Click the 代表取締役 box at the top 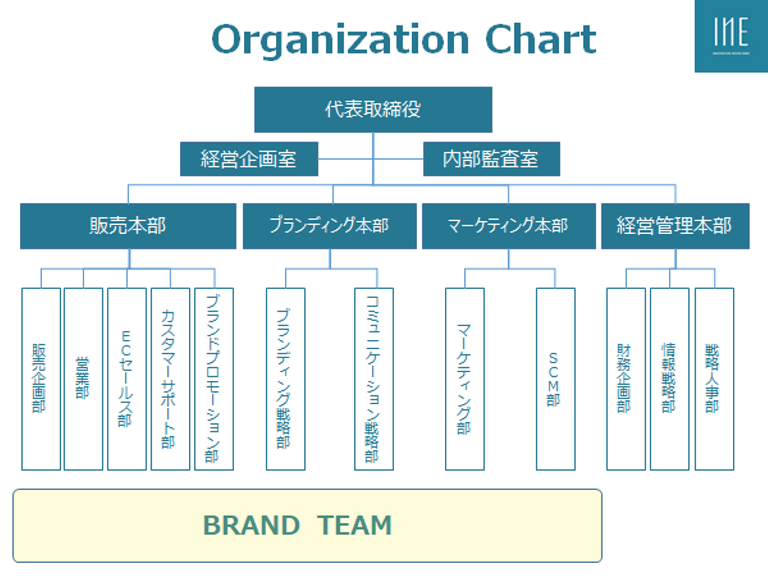point(373,110)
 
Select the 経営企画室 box point(249,159)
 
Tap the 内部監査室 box point(491,159)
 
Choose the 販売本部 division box point(128,226)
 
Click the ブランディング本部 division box point(330,226)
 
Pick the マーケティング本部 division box point(509,226)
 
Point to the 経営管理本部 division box point(675,226)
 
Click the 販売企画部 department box point(41,379)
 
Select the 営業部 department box point(83,379)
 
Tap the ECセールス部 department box point(127,379)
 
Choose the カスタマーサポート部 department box point(170,379)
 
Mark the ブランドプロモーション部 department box point(214,379)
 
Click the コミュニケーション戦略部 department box point(374,379)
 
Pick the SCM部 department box point(555,379)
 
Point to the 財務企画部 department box point(626,379)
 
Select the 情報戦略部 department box point(669,379)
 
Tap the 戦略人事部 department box point(714,379)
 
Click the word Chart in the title point(540,40)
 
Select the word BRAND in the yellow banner point(252,525)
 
